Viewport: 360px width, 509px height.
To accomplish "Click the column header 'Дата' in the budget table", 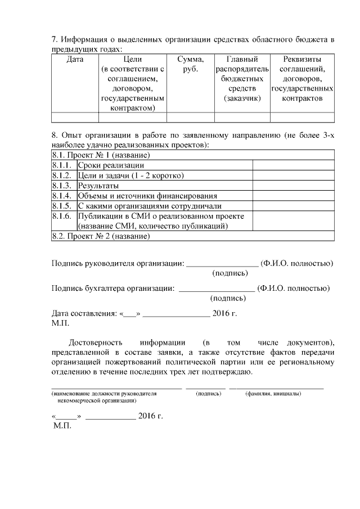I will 75,58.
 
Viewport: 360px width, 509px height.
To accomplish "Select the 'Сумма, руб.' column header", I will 190,64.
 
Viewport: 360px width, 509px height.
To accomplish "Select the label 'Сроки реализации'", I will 110,165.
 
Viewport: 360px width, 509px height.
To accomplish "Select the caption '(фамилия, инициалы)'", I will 273,394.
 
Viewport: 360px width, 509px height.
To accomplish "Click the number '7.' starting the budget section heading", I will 55,40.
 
